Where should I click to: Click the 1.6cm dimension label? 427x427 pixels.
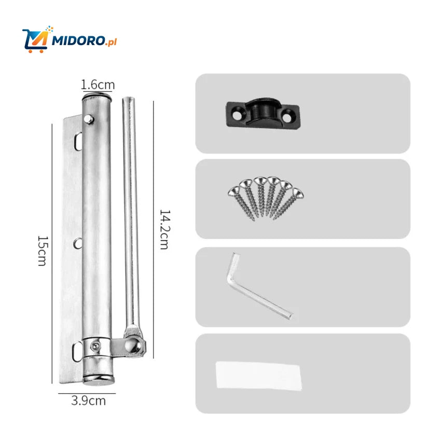point(98,85)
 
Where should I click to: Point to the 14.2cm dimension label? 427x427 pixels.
point(163,229)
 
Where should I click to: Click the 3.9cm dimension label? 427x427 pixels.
point(88,401)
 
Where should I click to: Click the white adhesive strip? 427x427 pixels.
point(258,376)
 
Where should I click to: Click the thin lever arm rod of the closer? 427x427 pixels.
point(130,208)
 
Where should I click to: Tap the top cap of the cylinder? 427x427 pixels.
point(97,97)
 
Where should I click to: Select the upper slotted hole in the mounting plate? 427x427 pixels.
point(77,140)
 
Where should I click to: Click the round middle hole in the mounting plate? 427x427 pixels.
point(76,242)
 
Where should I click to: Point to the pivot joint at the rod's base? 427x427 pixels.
point(135,345)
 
